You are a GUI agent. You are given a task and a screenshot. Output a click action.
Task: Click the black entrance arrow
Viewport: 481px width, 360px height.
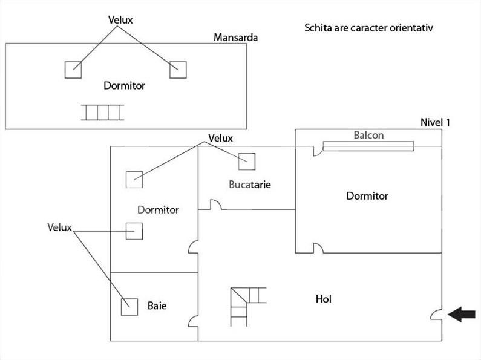point(462,314)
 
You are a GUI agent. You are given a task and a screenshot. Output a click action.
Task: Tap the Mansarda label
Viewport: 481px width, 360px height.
point(235,38)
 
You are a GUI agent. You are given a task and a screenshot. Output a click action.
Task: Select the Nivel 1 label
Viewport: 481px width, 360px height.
point(435,122)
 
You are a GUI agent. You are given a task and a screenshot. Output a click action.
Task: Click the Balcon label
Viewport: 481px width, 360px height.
point(368,135)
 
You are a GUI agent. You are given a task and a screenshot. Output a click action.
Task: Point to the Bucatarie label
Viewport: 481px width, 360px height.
point(250,185)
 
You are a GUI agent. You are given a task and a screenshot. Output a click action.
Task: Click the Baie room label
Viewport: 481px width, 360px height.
point(157,306)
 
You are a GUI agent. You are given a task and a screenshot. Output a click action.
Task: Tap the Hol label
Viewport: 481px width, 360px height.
point(324,299)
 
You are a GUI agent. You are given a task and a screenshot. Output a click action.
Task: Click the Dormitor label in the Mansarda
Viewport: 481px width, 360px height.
point(124,85)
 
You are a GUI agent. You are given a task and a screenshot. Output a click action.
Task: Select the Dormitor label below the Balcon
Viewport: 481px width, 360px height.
point(367,195)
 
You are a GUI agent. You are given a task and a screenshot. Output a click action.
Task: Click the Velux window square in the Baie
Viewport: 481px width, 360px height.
point(129,307)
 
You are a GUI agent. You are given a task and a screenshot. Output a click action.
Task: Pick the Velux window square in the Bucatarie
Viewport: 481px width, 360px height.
point(247,162)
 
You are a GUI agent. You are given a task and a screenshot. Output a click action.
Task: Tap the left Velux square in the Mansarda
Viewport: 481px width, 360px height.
point(73,70)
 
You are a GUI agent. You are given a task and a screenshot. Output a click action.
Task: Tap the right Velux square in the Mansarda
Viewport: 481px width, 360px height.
point(178,70)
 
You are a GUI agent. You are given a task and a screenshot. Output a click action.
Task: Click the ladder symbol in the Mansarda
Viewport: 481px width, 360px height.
point(102,113)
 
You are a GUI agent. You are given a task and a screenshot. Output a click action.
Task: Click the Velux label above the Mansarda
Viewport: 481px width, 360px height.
point(120,20)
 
